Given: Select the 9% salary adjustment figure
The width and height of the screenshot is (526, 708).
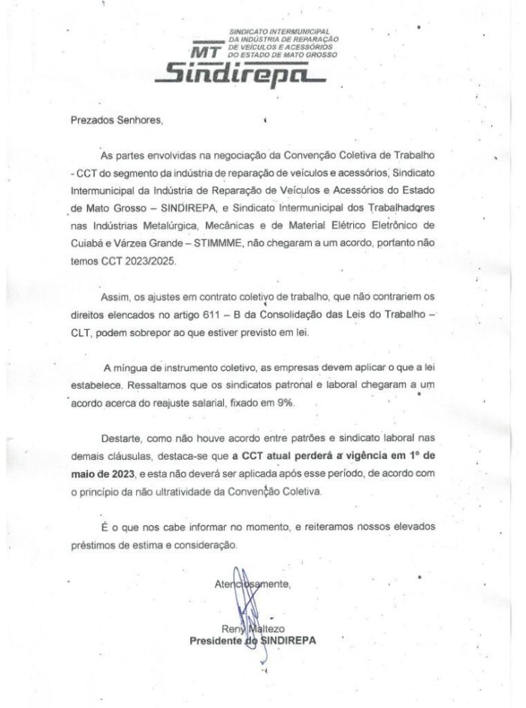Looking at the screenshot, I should pos(283,403).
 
